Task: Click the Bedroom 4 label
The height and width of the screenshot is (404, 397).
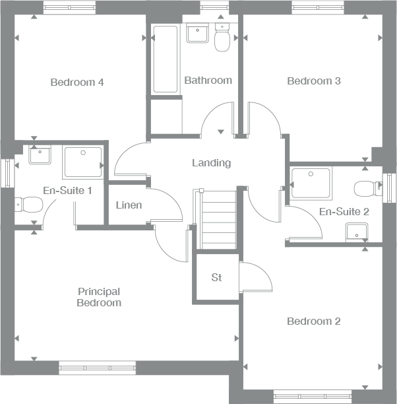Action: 77,83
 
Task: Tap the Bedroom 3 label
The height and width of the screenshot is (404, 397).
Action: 313,81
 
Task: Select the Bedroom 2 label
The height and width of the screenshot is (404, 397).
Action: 313,321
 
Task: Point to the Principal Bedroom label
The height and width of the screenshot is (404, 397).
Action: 99,297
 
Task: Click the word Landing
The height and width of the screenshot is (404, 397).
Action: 211,162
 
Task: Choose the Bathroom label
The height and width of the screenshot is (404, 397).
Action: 208,81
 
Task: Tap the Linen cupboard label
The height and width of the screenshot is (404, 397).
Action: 129,205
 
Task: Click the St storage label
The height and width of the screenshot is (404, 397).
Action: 216,277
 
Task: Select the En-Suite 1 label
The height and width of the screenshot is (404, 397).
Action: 67,191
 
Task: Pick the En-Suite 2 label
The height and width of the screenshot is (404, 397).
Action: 343,212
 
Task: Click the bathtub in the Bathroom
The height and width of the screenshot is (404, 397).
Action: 165,59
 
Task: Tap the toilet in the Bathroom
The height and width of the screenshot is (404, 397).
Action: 222,40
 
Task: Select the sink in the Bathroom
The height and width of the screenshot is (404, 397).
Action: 197,33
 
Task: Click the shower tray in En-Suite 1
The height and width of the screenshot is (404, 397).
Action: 83,162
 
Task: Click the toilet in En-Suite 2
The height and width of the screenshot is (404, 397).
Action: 365,189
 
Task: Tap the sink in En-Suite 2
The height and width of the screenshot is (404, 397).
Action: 357,232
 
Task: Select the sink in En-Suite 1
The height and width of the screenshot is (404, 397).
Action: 41,155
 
